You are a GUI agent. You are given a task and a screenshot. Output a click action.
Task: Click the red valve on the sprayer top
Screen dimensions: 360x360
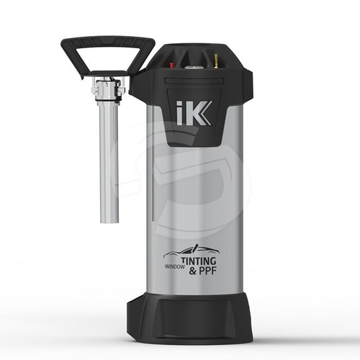pyautogui.click(x=172, y=63)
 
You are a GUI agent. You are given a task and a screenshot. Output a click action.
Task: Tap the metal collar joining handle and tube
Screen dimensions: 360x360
pyautogui.click(x=108, y=90)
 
